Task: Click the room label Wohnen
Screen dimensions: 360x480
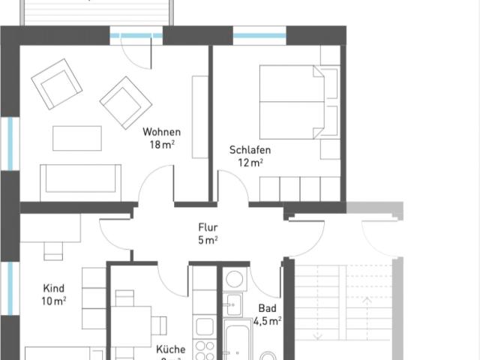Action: [x=162, y=132]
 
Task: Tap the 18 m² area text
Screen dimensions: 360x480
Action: [x=162, y=145]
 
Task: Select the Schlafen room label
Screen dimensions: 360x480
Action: [x=250, y=150]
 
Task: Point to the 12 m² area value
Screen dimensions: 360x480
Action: [x=250, y=163]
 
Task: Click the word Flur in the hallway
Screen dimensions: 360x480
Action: [x=208, y=226]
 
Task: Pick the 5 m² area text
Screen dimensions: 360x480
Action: [x=208, y=240]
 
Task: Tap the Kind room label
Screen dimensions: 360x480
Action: [x=53, y=288]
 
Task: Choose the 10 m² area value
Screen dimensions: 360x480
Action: [x=53, y=301]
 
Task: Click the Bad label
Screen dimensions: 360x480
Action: [x=267, y=308]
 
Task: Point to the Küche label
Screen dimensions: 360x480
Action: [x=171, y=349]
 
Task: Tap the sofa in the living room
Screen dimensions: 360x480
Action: [x=81, y=181]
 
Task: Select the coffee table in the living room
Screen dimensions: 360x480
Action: [x=76, y=138]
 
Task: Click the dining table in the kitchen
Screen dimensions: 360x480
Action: [x=135, y=327]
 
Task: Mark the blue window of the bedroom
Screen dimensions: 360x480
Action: [x=259, y=35]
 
